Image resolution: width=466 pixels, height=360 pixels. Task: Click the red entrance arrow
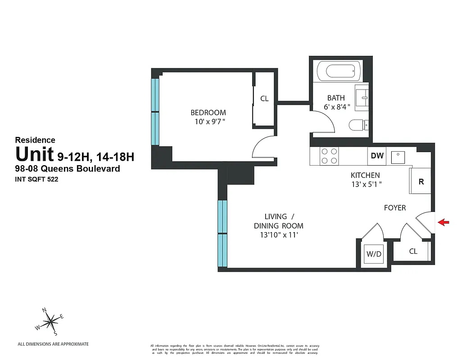(x=443, y=222)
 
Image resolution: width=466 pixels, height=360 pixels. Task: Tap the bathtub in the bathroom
(x=337, y=71)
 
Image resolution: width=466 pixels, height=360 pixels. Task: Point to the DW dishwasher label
(x=377, y=156)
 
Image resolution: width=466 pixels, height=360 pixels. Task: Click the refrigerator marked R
(x=421, y=181)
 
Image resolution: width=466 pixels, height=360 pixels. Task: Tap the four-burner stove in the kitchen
(x=328, y=156)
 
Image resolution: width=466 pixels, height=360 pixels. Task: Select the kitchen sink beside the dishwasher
(x=398, y=157)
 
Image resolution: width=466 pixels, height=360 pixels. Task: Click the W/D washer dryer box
(x=374, y=254)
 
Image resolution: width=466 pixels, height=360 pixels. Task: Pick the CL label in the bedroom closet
(x=264, y=99)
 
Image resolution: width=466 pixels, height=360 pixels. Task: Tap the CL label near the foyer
(x=413, y=251)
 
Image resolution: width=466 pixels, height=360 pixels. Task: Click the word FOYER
(x=395, y=208)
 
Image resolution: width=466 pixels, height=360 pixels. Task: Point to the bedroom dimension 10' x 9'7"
(x=208, y=121)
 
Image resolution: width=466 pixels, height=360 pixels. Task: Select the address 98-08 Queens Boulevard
(x=68, y=169)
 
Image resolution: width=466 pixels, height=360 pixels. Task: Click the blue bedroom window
(x=155, y=112)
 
